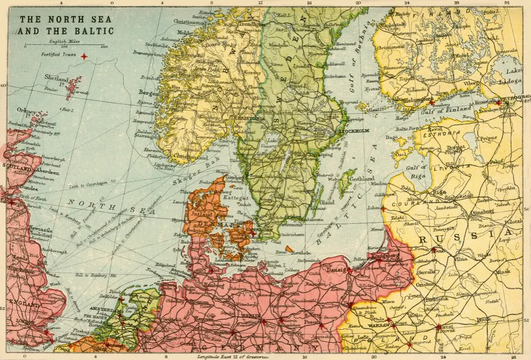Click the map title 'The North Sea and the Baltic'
point(66,25)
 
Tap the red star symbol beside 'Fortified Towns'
point(83,55)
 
